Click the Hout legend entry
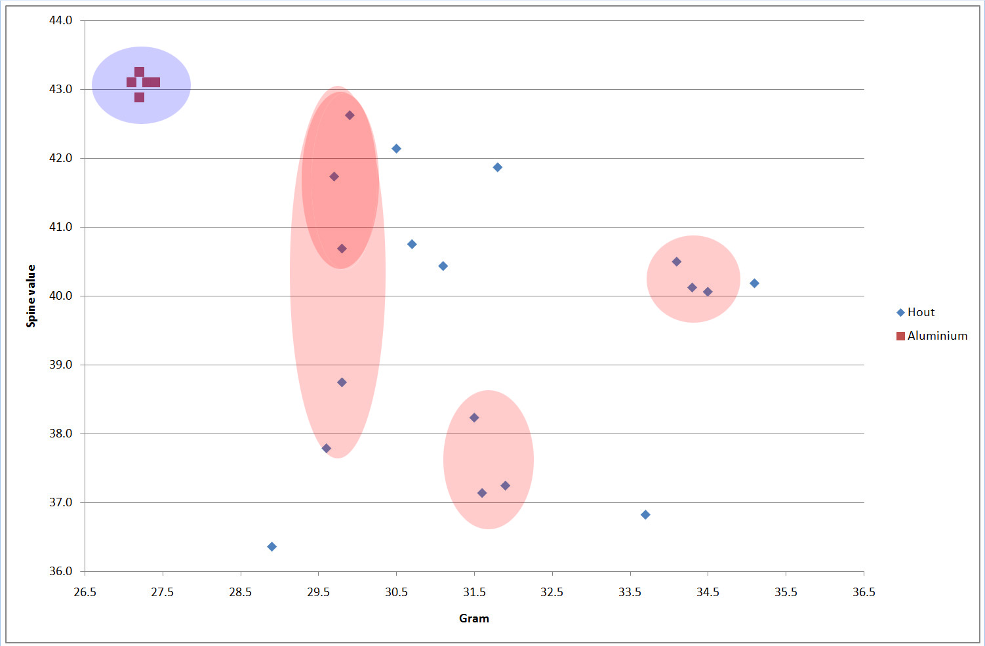[x=920, y=312]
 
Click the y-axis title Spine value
[x=31, y=296]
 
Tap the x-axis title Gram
[x=473, y=618]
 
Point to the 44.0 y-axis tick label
[x=61, y=20]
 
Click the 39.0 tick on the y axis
[x=61, y=365]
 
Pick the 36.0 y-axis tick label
[x=61, y=571]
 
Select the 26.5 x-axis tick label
[x=85, y=592]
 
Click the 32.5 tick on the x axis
[x=552, y=592]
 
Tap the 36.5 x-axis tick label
[x=864, y=592]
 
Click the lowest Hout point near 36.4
[x=271, y=546]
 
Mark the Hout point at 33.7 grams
[x=645, y=515]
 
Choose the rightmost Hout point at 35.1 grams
[x=754, y=283]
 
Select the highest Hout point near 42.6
[x=350, y=115]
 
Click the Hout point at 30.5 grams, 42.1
[x=396, y=149]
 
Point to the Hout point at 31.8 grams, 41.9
[x=498, y=167]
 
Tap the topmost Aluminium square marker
[x=139, y=71]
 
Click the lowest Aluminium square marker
[x=139, y=98]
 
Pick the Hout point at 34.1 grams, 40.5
[x=677, y=262]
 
